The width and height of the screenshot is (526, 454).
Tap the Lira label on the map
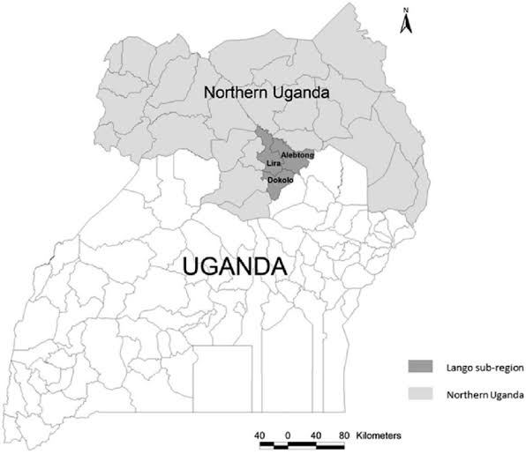274,163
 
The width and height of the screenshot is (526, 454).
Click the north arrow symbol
405,25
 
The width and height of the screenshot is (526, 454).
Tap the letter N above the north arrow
405,10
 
